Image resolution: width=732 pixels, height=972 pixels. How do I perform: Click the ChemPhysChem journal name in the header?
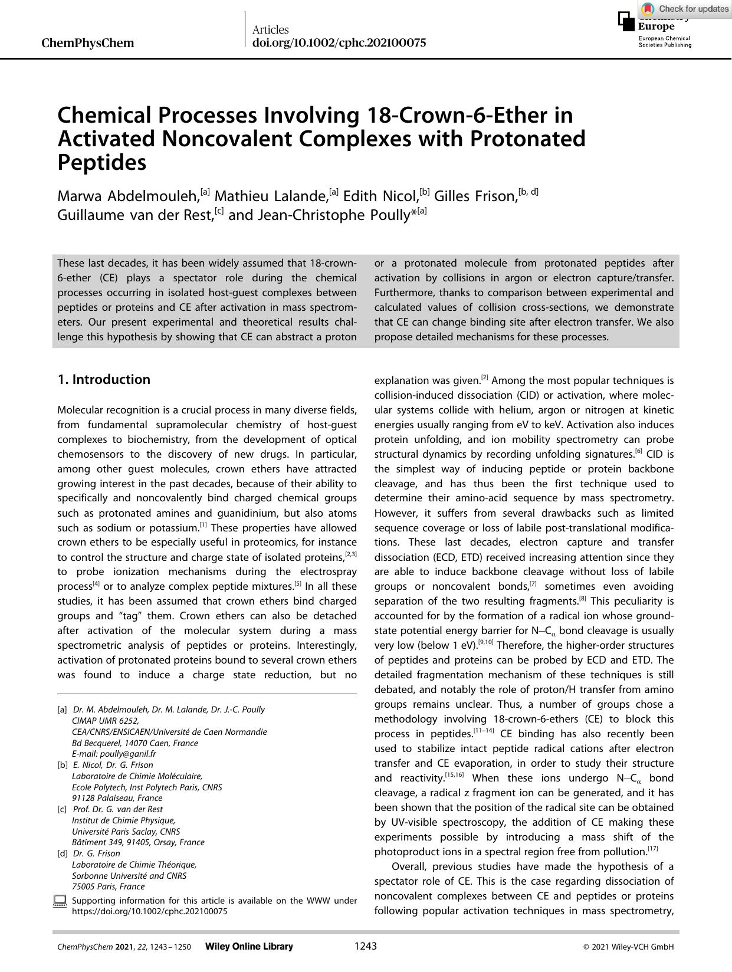[x=88, y=43]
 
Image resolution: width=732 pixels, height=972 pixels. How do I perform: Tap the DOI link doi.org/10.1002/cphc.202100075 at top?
[x=339, y=43]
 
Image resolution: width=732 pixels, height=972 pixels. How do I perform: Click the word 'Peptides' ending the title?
[x=101, y=162]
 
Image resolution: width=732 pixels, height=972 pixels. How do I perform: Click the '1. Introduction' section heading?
[x=104, y=379]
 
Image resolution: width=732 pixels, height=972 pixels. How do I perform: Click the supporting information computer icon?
[x=60, y=901]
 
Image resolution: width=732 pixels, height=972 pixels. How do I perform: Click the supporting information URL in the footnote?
[x=149, y=911]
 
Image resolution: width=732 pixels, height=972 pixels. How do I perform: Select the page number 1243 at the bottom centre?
[x=365, y=946]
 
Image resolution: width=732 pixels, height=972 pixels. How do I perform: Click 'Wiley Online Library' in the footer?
[x=248, y=947]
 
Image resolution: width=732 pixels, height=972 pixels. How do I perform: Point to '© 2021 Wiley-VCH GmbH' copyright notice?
[x=628, y=947]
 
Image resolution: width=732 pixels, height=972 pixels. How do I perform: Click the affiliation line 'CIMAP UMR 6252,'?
[x=105, y=721]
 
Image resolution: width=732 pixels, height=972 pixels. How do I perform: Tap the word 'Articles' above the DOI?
[x=270, y=29]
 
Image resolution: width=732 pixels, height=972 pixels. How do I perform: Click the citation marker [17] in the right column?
[x=652, y=849]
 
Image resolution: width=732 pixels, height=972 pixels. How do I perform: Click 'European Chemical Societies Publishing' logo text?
[x=664, y=41]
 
